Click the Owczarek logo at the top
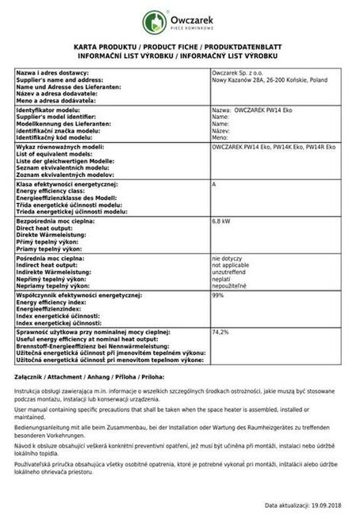(x=180, y=22)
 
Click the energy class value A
(x=214, y=184)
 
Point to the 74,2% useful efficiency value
(x=220, y=332)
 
